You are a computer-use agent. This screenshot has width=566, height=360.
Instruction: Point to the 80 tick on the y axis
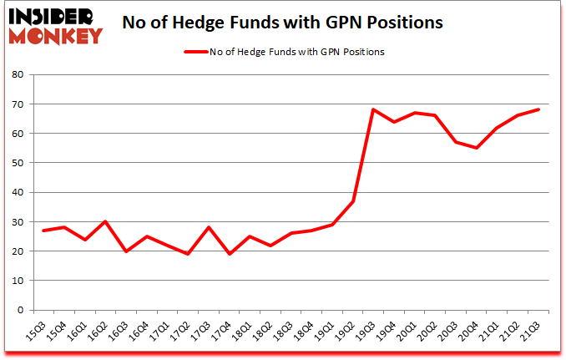click(18, 74)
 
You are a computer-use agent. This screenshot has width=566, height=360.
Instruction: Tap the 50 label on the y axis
click(18, 163)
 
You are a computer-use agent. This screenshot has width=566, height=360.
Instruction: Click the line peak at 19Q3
click(374, 109)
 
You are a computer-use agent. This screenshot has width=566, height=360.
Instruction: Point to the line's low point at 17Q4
click(230, 254)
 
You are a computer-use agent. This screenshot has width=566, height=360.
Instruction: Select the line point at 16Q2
click(105, 221)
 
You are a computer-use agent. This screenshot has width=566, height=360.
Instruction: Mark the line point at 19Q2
click(353, 200)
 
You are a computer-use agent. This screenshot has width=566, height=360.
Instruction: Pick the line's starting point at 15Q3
click(43, 231)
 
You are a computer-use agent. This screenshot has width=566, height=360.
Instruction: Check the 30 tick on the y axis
click(18, 221)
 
